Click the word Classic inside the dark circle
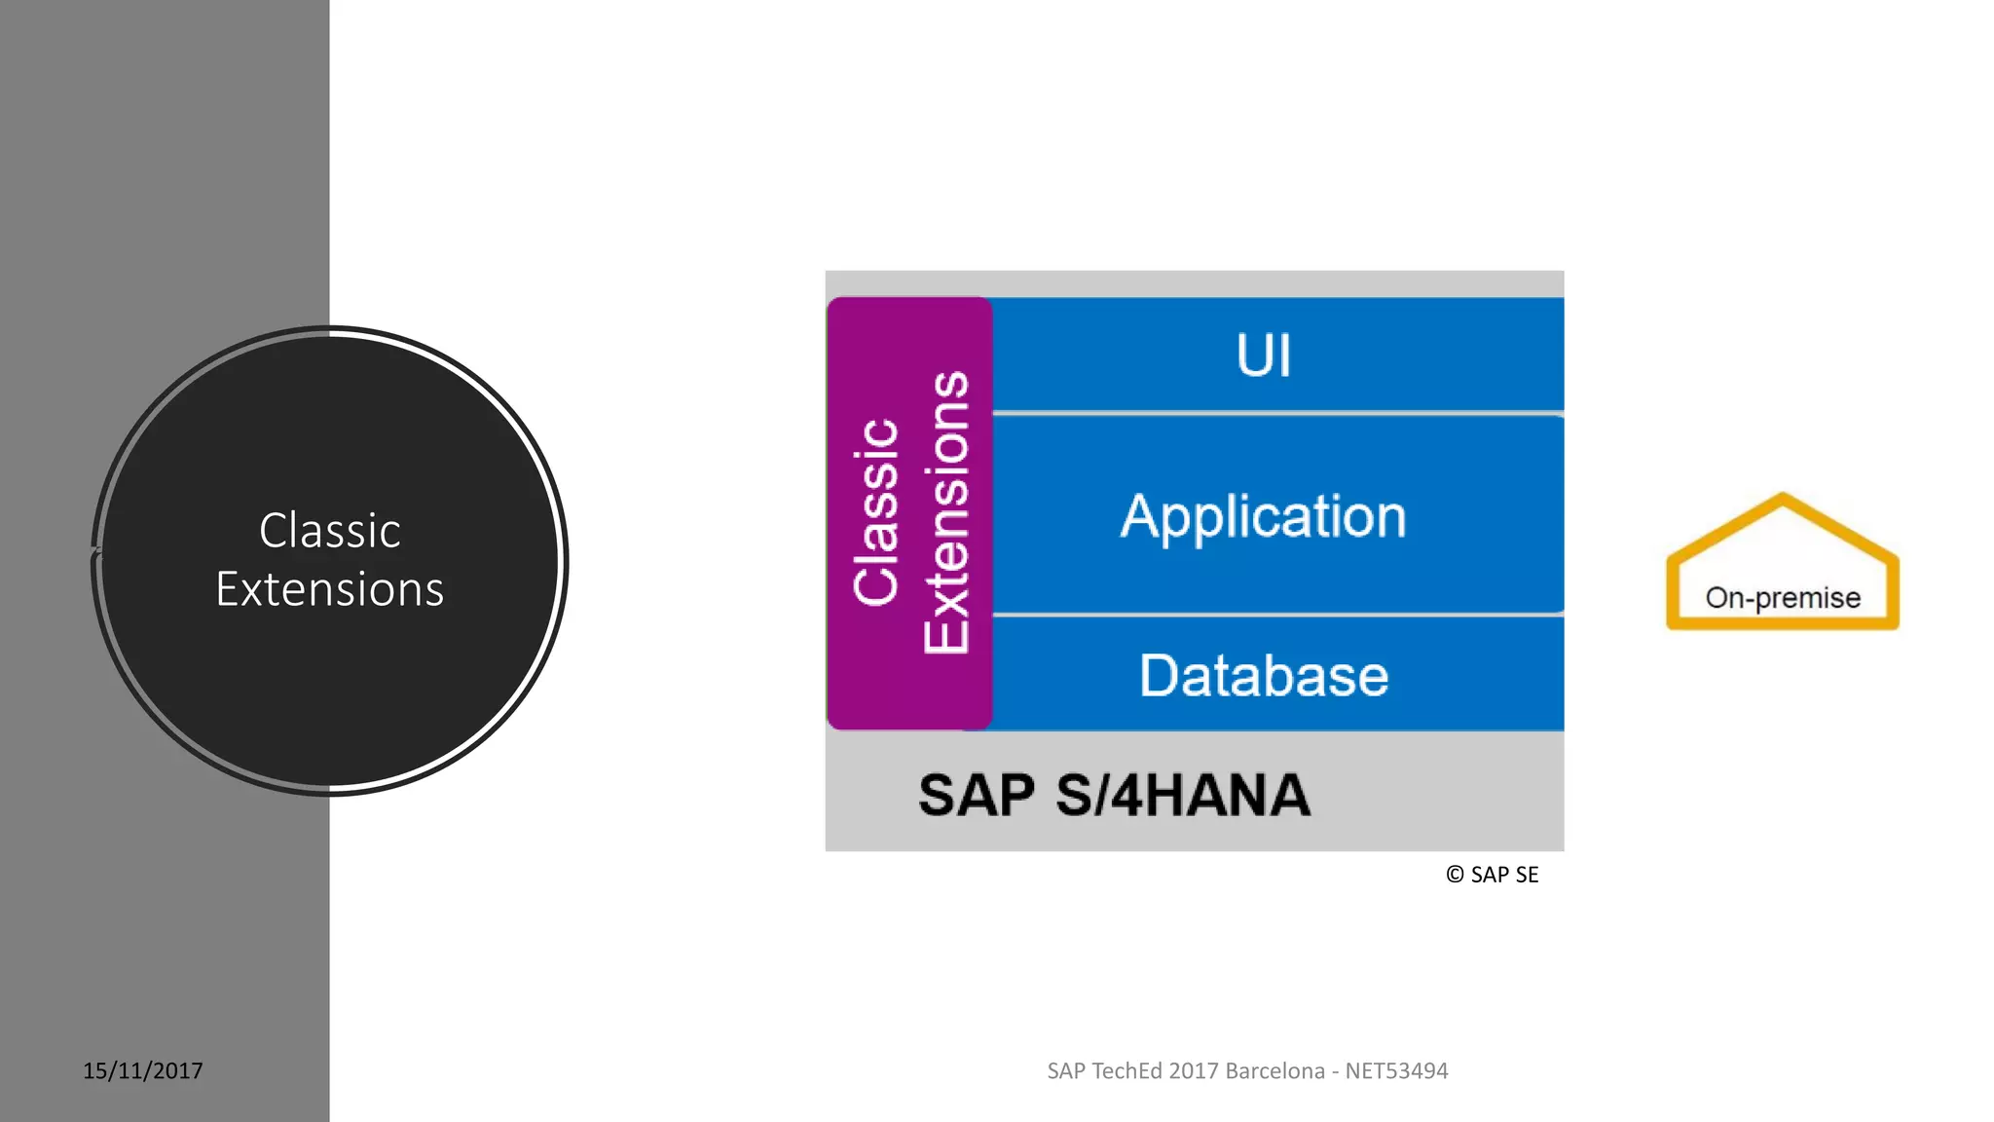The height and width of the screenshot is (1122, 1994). click(x=329, y=531)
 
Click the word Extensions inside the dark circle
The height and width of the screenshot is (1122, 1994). click(x=329, y=589)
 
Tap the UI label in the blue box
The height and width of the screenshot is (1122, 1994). click(x=1264, y=355)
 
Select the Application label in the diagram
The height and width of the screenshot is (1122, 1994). click(x=1264, y=516)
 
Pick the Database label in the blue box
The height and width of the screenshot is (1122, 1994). click(x=1264, y=676)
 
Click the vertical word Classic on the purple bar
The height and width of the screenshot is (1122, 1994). click(x=875, y=512)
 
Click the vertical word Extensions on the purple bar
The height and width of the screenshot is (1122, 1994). click(x=946, y=512)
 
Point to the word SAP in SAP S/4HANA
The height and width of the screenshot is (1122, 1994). click(x=976, y=795)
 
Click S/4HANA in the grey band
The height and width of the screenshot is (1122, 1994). click(x=1183, y=795)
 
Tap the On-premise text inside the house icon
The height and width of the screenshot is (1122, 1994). click(x=1783, y=597)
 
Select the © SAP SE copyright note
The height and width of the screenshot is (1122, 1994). click(x=1493, y=875)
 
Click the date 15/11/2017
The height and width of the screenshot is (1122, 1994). click(x=143, y=1070)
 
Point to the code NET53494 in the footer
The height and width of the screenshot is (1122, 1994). click(x=1396, y=1070)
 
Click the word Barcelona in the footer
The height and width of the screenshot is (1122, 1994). click(x=1274, y=1070)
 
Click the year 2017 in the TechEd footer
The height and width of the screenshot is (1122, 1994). click(x=1194, y=1070)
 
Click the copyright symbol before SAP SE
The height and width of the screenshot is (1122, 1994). click(x=1455, y=875)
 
